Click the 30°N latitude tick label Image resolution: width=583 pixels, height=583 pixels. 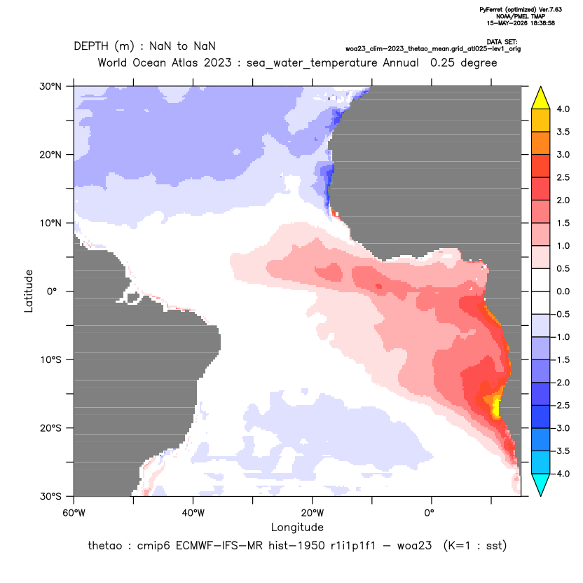50,86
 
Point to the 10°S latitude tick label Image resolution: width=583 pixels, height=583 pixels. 50,360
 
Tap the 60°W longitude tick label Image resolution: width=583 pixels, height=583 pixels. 74,513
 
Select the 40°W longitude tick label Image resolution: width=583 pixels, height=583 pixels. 193,513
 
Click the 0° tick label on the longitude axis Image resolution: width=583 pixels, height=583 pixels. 429,513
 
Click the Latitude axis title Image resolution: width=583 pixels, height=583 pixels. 29,291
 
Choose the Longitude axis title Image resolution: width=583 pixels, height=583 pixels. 297,527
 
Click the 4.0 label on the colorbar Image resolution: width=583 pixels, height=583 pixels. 563,109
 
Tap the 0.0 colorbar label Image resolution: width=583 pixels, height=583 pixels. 563,291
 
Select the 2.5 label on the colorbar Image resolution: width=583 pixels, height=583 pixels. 563,177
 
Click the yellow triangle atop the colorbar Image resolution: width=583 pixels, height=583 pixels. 541,98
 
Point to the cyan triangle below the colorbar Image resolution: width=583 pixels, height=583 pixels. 541,484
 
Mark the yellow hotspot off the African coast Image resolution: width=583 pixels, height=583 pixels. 495,408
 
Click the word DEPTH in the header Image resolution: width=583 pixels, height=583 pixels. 91,46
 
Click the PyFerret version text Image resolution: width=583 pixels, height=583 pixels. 521,10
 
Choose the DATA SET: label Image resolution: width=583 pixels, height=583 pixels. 502,42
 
